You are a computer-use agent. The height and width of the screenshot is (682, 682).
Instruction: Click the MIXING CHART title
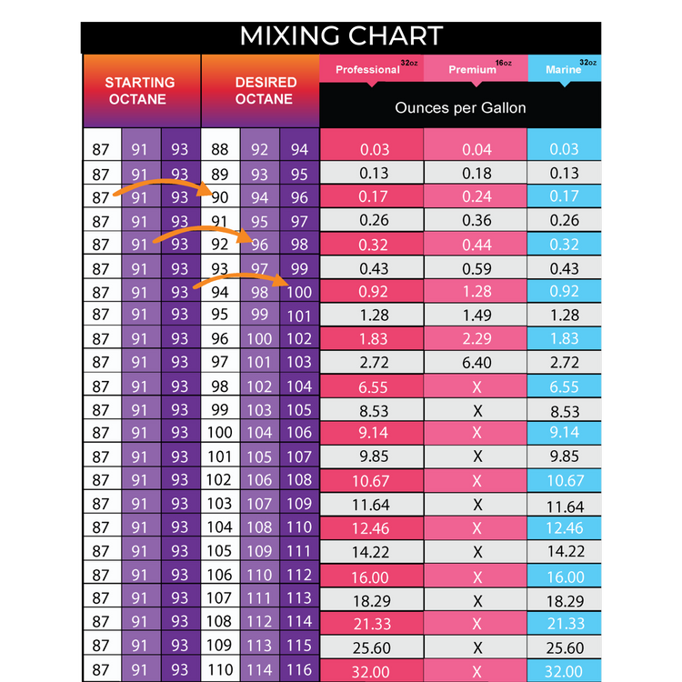click(341, 35)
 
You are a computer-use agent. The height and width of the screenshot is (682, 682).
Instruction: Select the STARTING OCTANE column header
click(139, 91)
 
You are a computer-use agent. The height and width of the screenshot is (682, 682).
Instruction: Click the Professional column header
click(367, 70)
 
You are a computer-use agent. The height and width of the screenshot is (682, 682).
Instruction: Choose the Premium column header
click(473, 70)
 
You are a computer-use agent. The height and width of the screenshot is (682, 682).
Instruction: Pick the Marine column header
click(564, 70)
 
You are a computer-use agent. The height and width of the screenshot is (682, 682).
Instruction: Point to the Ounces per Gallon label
click(460, 107)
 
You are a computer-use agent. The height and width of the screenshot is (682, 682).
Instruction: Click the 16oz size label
click(504, 64)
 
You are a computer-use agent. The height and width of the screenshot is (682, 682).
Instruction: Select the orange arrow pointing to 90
click(160, 187)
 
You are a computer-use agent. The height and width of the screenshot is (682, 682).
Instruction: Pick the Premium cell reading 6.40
click(476, 363)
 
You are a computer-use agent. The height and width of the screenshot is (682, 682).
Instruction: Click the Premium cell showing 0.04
click(476, 149)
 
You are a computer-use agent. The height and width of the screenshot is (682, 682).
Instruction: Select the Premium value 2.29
click(476, 339)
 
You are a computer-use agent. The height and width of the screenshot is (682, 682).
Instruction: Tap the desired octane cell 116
click(299, 670)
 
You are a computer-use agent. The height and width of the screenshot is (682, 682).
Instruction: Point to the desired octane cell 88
click(220, 149)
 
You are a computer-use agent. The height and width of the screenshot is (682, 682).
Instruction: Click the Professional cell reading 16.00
click(373, 577)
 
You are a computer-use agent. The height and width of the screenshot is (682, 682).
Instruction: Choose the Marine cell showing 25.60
click(565, 647)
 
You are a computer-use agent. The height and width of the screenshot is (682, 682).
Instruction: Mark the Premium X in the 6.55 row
click(476, 386)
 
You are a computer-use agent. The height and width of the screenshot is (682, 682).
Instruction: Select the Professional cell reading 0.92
click(373, 292)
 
